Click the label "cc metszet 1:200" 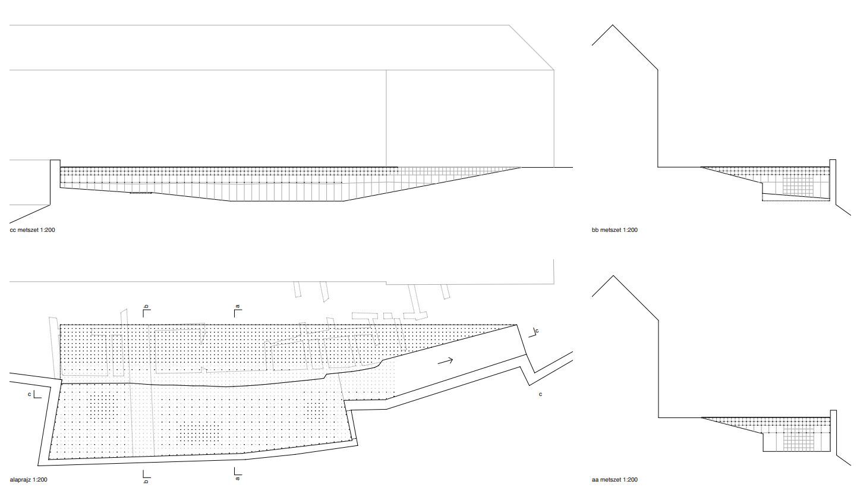33,230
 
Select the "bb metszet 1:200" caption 615,230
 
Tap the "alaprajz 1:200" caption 29,480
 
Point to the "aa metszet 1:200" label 615,480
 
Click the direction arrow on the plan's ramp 445,360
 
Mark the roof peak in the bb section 613,25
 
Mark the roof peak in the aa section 613,276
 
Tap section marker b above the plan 146,311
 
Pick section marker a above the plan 238,311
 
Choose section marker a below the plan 238,474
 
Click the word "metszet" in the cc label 28,230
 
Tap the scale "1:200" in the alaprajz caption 40,480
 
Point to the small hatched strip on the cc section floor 141,193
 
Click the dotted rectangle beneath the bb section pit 796,197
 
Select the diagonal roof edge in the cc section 531,48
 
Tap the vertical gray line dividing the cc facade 386,118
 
